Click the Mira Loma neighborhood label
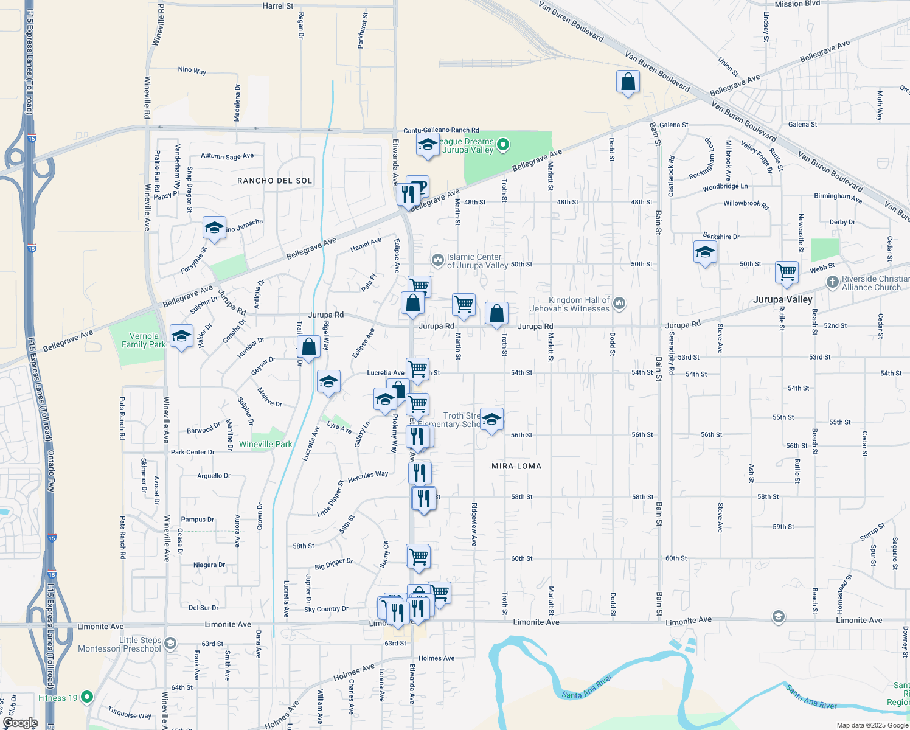[x=516, y=466]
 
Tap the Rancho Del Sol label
[x=274, y=181]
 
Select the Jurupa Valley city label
[x=782, y=299]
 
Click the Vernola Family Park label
[x=144, y=340]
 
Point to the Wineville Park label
[x=265, y=444]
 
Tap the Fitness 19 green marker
[x=87, y=697]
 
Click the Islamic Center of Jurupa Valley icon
[x=437, y=260]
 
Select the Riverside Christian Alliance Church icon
[x=832, y=282]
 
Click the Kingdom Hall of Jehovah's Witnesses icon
[x=619, y=302]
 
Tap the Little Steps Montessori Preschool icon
[x=170, y=643]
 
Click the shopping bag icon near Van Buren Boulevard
[x=628, y=82]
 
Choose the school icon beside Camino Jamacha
[x=214, y=228]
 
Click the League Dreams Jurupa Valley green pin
[x=502, y=145]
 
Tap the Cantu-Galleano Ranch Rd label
[x=441, y=130]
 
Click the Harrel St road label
[x=277, y=6]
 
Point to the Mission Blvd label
[x=797, y=4]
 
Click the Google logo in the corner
[x=19, y=723]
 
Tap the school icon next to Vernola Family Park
[x=181, y=336]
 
